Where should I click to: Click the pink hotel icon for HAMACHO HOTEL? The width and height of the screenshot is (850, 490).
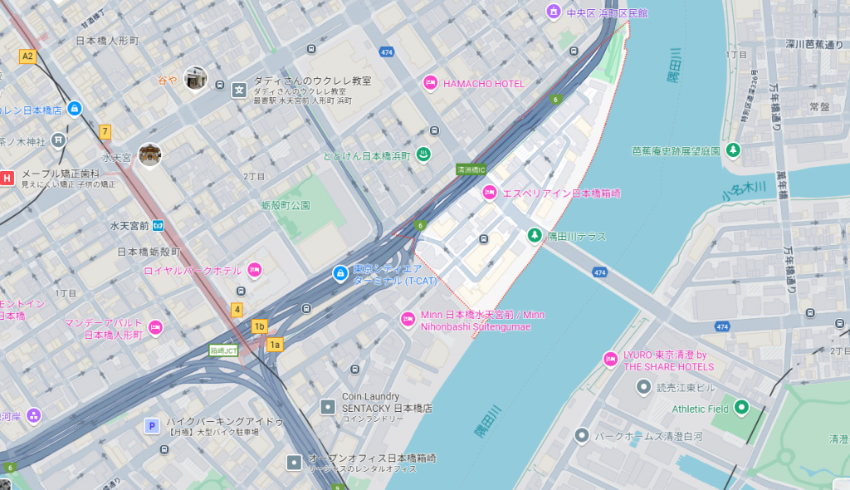pyautogui.click(x=430, y=83)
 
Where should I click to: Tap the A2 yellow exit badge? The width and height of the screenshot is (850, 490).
pyautogui.click(x=27, y=56)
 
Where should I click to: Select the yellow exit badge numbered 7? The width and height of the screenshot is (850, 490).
pyautogui.click(x=105, y=131)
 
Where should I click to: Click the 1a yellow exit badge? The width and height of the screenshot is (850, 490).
pyautogui.click(x=275, y=343)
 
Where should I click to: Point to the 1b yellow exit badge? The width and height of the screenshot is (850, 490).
pyautogui.click(x=260, y=326)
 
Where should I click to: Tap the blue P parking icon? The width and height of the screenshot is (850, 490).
pyautogui.click(x=152, y=426)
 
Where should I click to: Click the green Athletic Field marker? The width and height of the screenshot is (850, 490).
pyautogui.click(x=741, y=408)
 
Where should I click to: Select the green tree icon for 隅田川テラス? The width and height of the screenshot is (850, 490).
pyautogui.click(x=534, y=236)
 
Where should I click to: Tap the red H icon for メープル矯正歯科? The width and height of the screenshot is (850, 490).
pyautogui.click(x=7, y=177)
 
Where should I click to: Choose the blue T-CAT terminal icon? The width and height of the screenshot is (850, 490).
pyautogui.click(x=340, y=272)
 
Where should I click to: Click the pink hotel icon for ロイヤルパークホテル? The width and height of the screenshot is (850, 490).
pyautogui.click(x=255, y=270)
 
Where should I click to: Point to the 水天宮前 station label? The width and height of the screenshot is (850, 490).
pyautogui.click(x=129, y=225)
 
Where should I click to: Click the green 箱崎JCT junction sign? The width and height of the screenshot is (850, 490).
pyautogui.click(x=223, y=350)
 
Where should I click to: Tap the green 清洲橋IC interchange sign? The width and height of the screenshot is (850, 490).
pyautogui.click(x=471, y=169)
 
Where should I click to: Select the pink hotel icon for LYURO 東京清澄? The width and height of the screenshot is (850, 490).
pyautogui.click(x=610, y=359)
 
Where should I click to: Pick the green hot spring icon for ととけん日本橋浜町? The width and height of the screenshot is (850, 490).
pyautogui.click(x=422, y=154)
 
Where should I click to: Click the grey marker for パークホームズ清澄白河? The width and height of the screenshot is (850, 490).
pyautogui.click(x=582, y=435)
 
